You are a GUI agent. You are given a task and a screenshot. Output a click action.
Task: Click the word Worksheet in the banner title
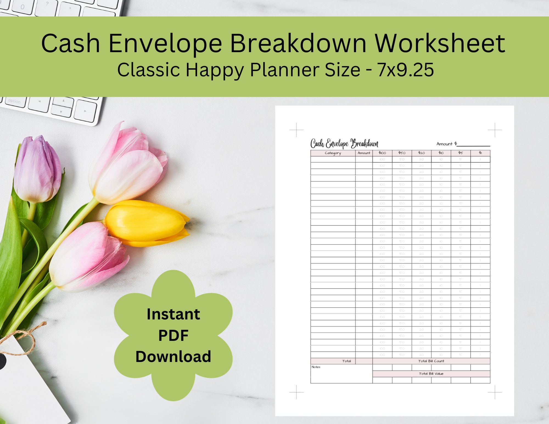click(x=440, y=43)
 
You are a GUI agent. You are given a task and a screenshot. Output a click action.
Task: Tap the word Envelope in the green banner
click(x=165, y=43)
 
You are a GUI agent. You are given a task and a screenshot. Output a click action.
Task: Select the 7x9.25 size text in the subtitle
click(x=406, y=70)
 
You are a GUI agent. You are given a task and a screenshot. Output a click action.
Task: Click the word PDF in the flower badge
click(x=173, y=335)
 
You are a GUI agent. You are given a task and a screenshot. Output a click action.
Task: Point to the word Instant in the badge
click(x=173, y=314)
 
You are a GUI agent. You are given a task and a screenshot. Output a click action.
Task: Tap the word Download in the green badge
click(x=173, y=356)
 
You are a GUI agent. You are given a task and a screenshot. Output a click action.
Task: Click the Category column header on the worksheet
click(x=333, y=153)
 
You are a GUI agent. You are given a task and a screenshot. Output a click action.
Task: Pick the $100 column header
click(x=382, y=153)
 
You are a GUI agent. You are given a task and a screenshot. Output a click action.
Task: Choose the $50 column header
click(x=402, y=153)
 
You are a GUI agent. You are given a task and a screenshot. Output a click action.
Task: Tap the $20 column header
click(x=421, y=153)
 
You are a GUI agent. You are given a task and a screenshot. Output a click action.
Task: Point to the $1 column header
click(x=480, y=153)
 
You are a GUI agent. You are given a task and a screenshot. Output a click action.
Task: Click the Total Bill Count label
click(x=431, y=361)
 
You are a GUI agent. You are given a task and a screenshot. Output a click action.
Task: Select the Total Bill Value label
click(x=431, y=374)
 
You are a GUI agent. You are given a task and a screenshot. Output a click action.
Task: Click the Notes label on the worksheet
click(x=316, y=367)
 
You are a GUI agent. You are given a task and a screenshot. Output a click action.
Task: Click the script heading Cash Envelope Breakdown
click(x=344, y=144)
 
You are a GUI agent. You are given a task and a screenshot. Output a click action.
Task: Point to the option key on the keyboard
click(x=14, y=101)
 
